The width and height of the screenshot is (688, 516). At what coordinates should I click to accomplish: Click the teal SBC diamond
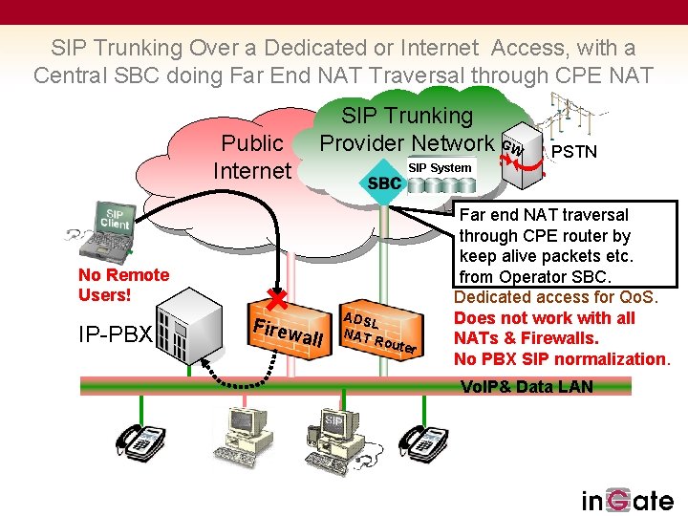coord(384,183)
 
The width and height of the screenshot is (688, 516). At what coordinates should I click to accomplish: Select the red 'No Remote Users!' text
coord(123,285)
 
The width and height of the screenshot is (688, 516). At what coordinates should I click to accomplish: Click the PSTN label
coord(575,151)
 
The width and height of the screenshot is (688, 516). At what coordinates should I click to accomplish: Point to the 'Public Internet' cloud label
coord(251,157)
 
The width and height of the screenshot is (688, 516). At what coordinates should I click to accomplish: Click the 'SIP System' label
coord(440,168)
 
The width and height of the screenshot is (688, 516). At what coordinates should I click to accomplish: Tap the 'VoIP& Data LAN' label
coord(527,386)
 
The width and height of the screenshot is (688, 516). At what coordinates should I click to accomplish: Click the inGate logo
coord(627,500)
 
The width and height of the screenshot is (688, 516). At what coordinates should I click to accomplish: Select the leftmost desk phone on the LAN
coord(140,441)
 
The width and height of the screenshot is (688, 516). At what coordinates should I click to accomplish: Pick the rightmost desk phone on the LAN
coord(422,441)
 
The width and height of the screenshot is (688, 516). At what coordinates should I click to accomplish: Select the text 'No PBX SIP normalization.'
coord(562,358)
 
